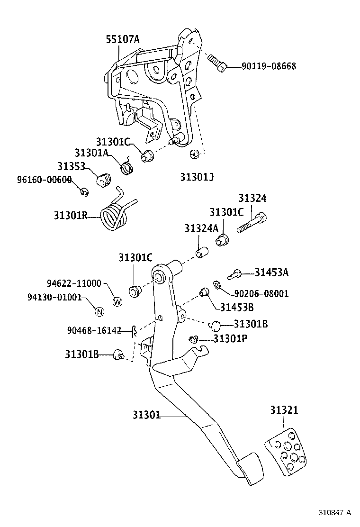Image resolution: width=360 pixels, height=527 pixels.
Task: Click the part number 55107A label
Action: pos(122,40)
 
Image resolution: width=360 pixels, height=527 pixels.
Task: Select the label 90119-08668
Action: pos(269,66)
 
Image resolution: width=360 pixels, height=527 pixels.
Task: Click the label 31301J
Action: pos(197,177)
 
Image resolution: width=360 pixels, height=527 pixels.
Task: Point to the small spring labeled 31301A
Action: pos(127,166)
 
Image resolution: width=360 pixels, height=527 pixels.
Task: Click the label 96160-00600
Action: pos(45,180)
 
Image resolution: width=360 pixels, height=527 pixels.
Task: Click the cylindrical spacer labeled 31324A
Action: pos(203,253)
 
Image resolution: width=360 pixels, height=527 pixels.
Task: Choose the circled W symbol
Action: pos(117,301)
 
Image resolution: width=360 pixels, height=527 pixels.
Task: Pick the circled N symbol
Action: pos(99,312)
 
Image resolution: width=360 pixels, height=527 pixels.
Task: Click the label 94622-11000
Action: pos(74,283)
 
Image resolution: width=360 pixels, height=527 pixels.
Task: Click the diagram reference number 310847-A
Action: pos(334,512)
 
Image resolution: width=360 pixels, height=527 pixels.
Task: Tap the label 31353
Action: pos(71,166)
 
